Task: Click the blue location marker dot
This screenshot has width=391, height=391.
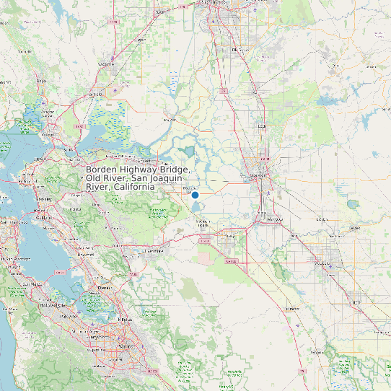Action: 195,195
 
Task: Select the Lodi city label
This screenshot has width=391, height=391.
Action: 262,126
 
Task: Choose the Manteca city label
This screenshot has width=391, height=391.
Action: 274,218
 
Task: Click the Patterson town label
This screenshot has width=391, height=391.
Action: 292,308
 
